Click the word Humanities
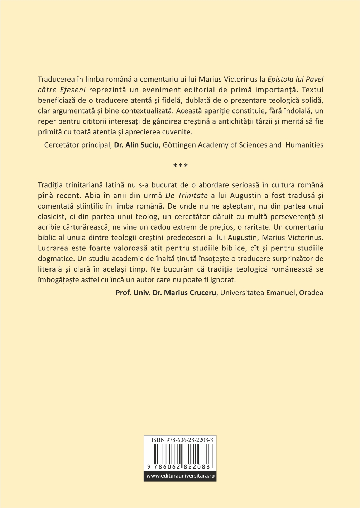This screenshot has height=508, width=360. point(304,145)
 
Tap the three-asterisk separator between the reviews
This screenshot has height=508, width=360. point(180,166)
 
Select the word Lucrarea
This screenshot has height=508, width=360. point(52,248)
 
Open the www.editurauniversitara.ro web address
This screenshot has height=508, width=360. point(180,476)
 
